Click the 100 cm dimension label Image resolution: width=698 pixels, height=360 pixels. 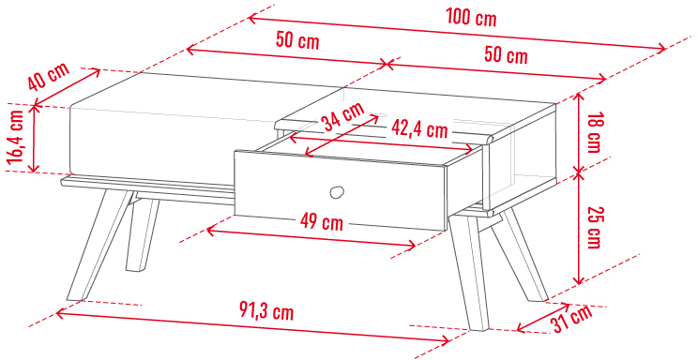[471, 18]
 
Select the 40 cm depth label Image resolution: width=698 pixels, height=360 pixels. [49, 76]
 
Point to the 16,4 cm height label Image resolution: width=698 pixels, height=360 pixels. [15, 136]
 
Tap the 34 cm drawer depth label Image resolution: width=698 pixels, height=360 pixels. [344, 116]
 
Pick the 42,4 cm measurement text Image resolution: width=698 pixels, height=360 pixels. [419, 128]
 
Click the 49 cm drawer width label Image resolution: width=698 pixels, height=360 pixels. [322, 221]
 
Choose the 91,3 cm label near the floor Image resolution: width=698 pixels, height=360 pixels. [266, 311]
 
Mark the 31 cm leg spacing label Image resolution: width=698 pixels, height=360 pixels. [572, 318]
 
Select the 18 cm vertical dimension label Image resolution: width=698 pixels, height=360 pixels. [594, 132]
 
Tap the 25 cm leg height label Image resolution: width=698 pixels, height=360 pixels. [594, 228]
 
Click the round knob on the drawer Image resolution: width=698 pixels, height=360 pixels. [337, 192]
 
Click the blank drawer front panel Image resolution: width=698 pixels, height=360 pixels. [341, 190]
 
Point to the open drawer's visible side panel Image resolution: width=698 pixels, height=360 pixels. [463, 186]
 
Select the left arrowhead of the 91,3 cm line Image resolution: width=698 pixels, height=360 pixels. [60, 314]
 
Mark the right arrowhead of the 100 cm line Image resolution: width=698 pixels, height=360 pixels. [663, 49]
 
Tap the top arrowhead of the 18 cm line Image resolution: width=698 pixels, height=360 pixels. [578, 96]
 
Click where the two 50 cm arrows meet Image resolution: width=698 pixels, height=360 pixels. [387, 65]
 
